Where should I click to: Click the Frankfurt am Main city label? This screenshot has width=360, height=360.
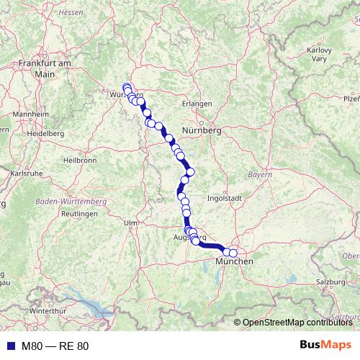45,68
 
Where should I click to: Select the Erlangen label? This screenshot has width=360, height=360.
197,104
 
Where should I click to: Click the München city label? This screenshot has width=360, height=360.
235,261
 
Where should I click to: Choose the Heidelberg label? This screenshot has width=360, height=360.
45,134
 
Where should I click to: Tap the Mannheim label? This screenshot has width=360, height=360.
30,114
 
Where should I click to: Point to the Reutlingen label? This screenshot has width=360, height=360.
79,215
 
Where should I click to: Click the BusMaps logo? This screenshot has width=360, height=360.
325,346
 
